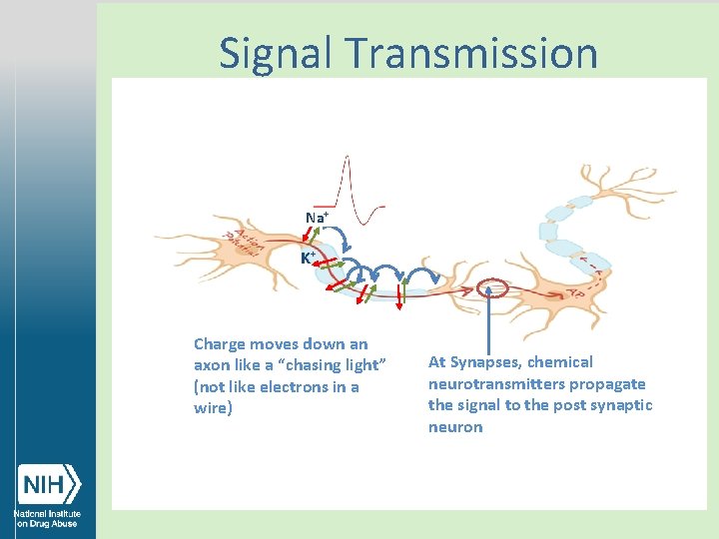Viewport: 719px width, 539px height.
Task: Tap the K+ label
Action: pyautogui.click(x=309, y=258)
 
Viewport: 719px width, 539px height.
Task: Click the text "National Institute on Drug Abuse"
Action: pyautogui.click(x=47, y=518)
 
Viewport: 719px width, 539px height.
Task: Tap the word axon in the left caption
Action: pyautogui.click(x=211, y=365)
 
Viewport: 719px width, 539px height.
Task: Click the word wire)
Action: pyautogui.click(x=213, y=409)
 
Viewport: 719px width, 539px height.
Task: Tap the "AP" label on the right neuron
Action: pyautogui.click(x=575, y=295)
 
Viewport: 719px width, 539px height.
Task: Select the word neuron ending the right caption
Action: pyautogui.click(x=455, y=427)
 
